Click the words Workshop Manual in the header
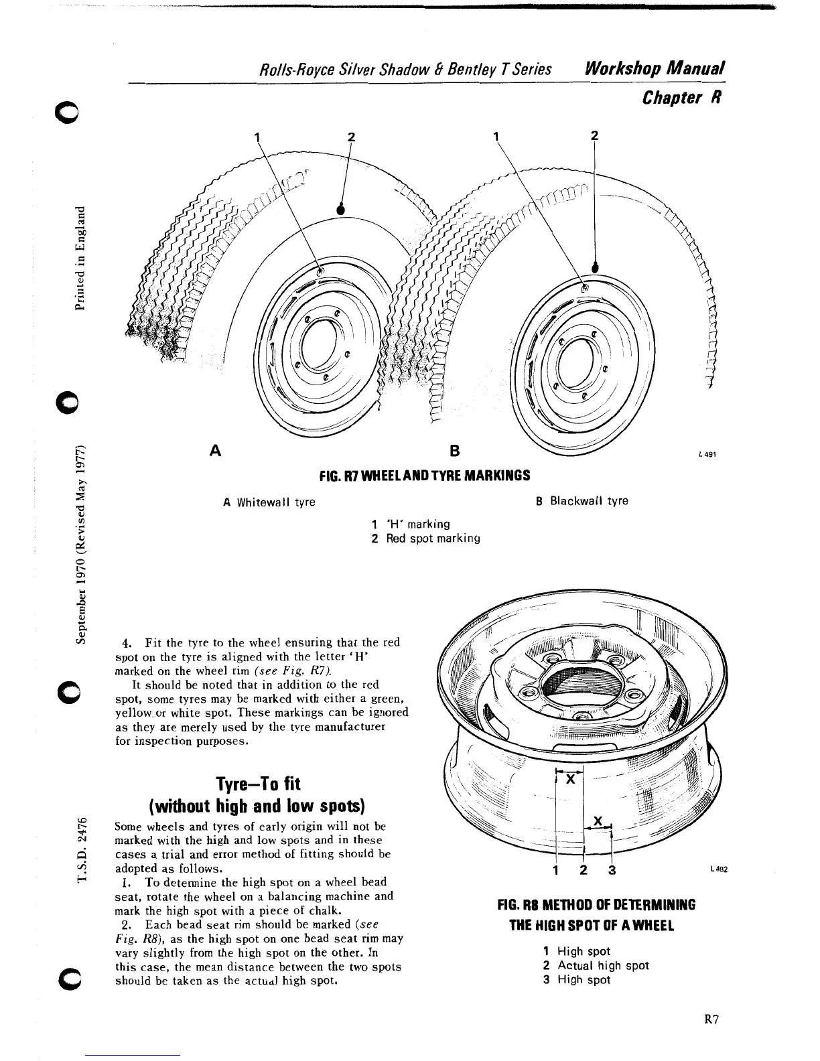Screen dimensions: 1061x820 pos(655,69)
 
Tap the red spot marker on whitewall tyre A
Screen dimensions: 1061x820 pos(340,210)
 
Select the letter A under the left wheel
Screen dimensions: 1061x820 pos(216,450)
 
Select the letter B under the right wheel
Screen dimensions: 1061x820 pos(454,451)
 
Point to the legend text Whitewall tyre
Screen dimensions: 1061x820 pos(275,502)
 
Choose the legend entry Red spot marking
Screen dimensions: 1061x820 pos(432,538)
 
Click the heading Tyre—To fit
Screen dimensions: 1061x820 pos(258,784)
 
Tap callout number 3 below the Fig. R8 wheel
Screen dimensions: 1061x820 pos(612,871)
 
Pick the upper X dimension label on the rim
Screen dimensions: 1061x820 pos(570,780)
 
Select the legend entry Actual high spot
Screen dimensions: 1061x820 pos(603,965)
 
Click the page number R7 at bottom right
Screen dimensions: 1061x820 pos(711,1020)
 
